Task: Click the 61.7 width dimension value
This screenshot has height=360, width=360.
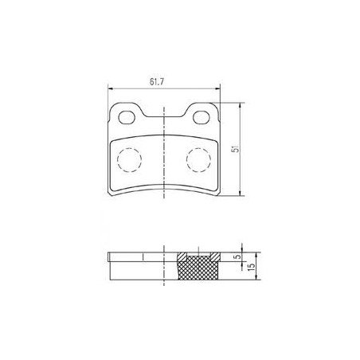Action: click(157, 82)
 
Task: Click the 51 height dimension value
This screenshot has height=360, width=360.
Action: click(236, 149)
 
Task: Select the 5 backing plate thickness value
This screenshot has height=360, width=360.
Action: click(238, 256)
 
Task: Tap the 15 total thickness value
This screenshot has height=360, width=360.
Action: click(252, 266)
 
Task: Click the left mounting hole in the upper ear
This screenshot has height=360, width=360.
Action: click(127, 117)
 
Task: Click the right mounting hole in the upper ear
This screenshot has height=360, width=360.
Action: click(201, 117)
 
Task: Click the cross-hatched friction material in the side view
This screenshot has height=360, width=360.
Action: click(198, 268)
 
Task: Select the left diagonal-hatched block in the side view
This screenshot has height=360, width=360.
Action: click(182, 256)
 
